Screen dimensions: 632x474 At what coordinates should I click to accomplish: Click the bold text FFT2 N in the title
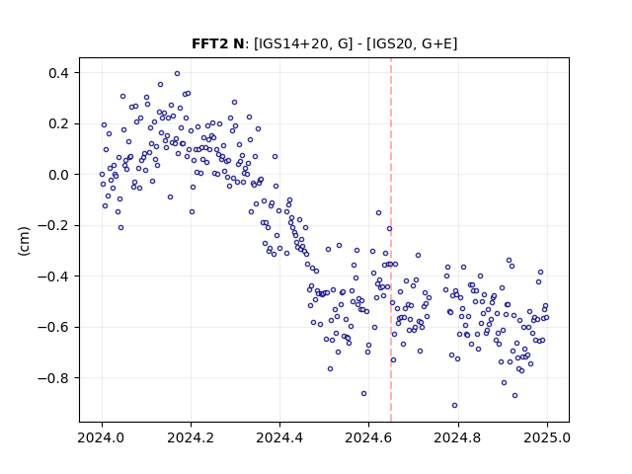(x=217, y=43)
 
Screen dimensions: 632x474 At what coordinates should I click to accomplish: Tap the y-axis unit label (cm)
(x=24, y=241)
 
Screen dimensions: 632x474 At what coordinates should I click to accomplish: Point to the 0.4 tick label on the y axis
(x=58, y=73)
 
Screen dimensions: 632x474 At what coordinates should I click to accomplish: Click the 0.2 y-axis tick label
(x=58, y=123)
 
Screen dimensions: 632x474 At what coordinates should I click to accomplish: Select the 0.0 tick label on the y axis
(x=58, y=175)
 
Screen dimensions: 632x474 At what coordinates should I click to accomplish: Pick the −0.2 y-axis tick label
(x=53, y=225)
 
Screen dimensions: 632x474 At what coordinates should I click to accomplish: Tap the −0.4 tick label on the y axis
(x=53, y=276)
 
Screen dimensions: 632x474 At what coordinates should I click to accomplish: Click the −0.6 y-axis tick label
(x=53, y=327)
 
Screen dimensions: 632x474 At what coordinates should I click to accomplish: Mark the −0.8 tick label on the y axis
(x=53, y=378)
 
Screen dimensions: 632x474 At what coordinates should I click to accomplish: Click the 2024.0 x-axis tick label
(x=102, y=437)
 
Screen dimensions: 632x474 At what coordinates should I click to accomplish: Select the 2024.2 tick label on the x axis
(x=191, y=437)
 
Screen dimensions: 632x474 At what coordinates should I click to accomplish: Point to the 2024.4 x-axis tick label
(x=279, y=437)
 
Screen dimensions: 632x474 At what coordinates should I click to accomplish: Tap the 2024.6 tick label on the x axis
(x=368, y=437)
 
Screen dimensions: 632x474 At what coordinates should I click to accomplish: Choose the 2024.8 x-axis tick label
(x=458, y=437)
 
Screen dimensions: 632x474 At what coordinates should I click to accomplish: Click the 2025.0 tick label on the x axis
(x=547, y=437)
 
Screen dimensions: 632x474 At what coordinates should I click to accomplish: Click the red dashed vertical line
(x=391, y=240)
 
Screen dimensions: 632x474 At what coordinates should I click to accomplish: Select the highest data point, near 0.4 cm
(x=177, y=74)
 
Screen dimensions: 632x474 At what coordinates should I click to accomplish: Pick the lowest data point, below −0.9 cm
(x=454, y=406)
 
